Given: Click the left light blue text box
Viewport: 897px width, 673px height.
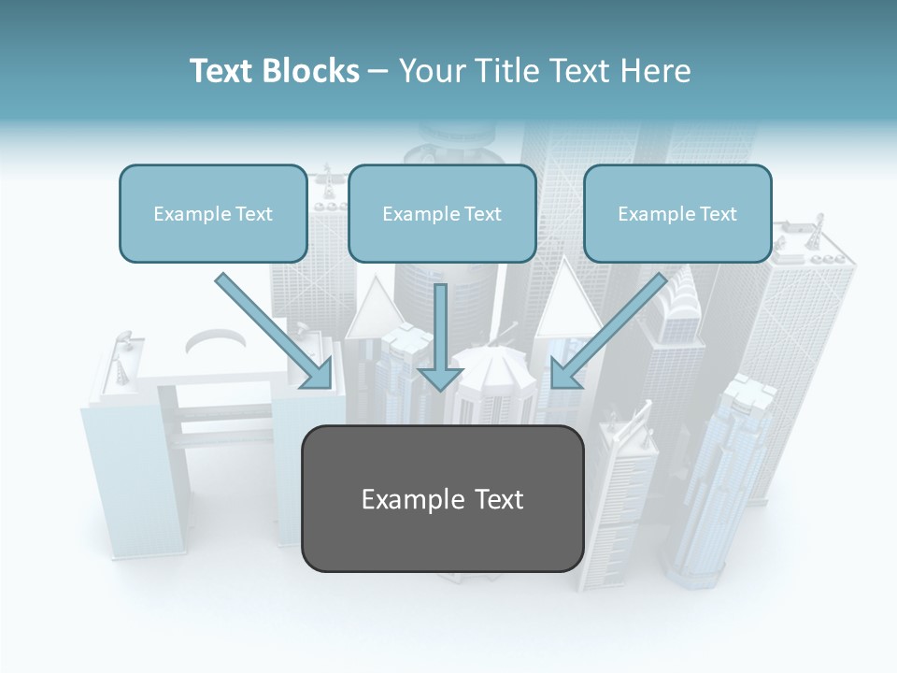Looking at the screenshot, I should point(213,213).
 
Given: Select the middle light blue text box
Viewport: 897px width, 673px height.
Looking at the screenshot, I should point(442,213).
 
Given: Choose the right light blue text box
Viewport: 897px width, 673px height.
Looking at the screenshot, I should point(677,213).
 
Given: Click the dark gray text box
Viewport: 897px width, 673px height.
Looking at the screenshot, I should point(442,499).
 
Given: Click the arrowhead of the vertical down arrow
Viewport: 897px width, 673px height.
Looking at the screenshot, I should point(440,377).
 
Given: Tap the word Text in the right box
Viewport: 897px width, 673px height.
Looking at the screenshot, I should point(717,214).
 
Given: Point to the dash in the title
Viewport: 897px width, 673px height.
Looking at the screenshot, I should point(379,72).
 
